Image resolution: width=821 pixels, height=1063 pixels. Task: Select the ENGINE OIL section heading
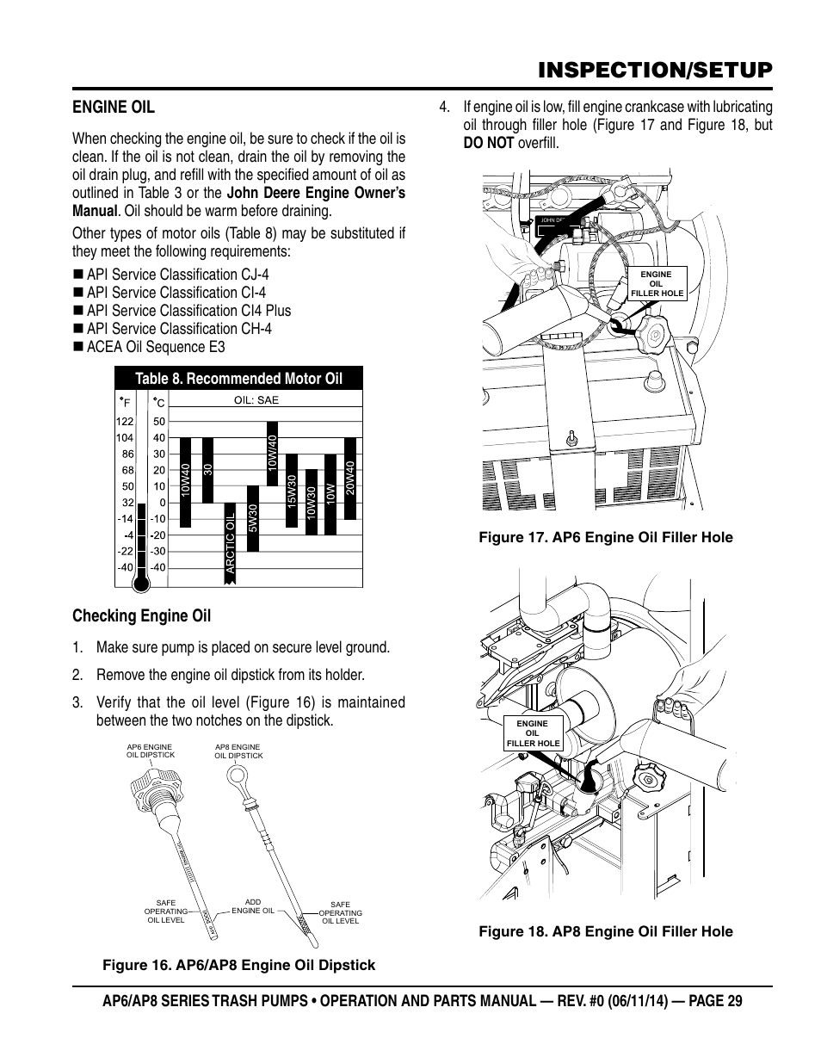click(x=114, y=107)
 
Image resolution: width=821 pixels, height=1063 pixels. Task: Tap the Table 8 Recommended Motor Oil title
click(x=238, y=379)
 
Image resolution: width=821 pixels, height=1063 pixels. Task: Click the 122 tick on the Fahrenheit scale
click(x=124, y=422)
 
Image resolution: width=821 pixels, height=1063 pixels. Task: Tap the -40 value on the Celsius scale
click(x=157, y=567)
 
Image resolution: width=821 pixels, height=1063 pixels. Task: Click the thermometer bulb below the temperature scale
click(x=142, y=583)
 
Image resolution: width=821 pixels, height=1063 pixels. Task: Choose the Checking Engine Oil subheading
click(x=141, y=615)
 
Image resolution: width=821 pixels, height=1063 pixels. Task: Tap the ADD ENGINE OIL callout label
click(x=253, y=907)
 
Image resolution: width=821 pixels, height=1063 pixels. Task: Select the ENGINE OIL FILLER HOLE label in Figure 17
click(x=657, y=284)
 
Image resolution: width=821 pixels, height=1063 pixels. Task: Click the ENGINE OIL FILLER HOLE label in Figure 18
click(x=533, y=733)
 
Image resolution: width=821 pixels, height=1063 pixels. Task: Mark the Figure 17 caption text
click(x=606, y=537)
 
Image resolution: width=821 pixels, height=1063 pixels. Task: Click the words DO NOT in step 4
click(x=488, y=143)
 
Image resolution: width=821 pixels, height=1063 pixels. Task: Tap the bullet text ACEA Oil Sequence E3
click(x=155, y=347)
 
